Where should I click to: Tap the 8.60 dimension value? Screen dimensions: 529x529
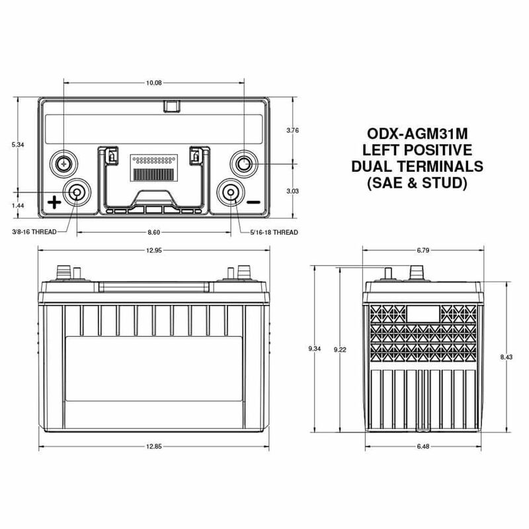click(x=153, y=233)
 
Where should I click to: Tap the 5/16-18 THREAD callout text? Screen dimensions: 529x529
click(x=275, y=233)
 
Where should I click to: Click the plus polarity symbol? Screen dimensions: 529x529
click(x=54, y=202)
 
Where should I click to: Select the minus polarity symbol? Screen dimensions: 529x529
click(x=253, y=202)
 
